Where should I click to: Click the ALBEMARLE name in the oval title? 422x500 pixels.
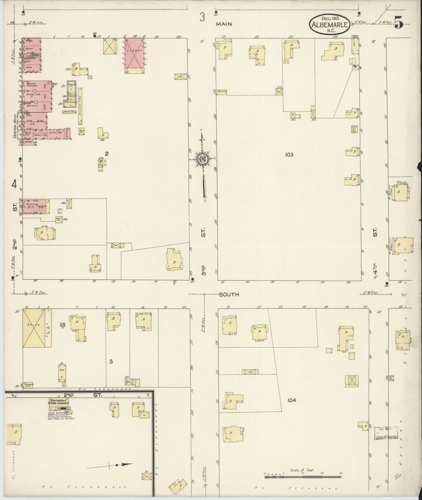point(330,25)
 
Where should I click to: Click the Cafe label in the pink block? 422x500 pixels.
point(29,67)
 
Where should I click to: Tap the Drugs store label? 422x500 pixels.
point(29,41)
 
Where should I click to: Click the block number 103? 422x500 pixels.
point(289,155)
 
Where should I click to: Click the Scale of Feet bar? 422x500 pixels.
point(303,477)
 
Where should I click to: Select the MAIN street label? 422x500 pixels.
point(224,24)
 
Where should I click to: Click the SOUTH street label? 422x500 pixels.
point(229,295)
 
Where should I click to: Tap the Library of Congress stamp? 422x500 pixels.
point(386,433)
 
